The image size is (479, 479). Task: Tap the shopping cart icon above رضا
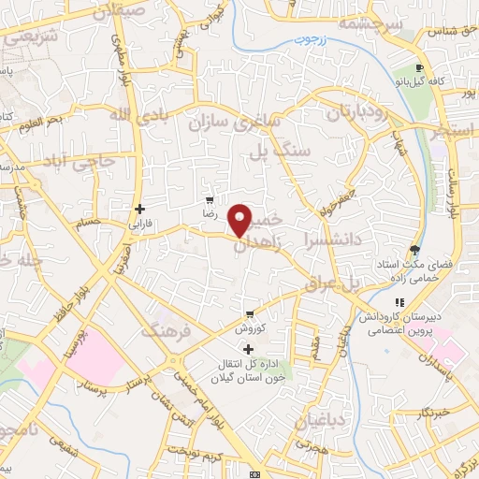click(x=210, y=200)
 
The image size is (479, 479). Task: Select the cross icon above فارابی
click(x=139, y=209)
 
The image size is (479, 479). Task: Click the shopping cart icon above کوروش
click(x=249, y=314)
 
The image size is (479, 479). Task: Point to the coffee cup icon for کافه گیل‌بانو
click(x=421, y=68)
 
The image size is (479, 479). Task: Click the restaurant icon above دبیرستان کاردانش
click(x=399, y=302)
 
